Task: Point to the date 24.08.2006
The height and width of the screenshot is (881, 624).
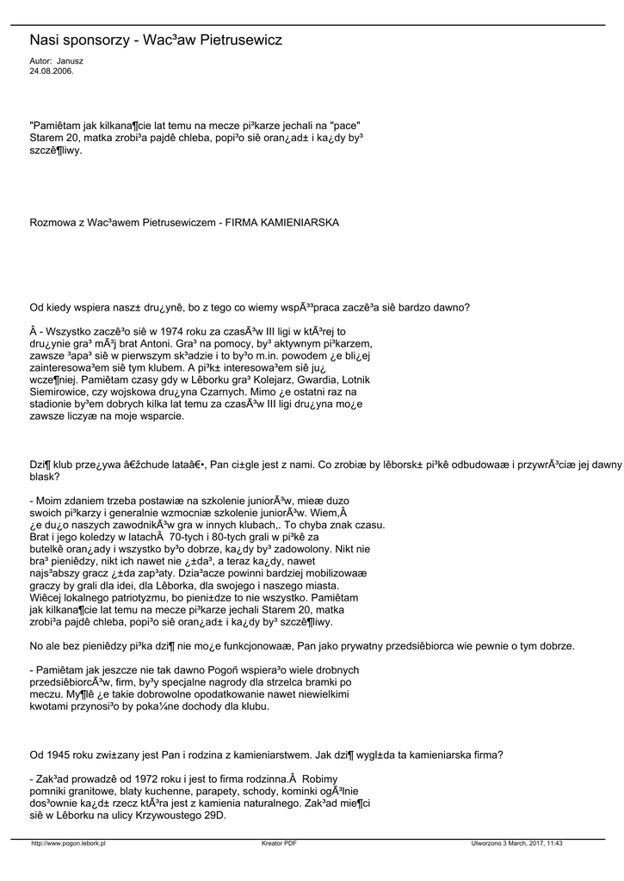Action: (52, 71)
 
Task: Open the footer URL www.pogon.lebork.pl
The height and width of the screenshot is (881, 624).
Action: (69, 843)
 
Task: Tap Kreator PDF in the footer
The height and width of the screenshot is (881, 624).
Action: (279, 843)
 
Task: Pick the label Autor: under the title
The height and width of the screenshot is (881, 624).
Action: (40, 62)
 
